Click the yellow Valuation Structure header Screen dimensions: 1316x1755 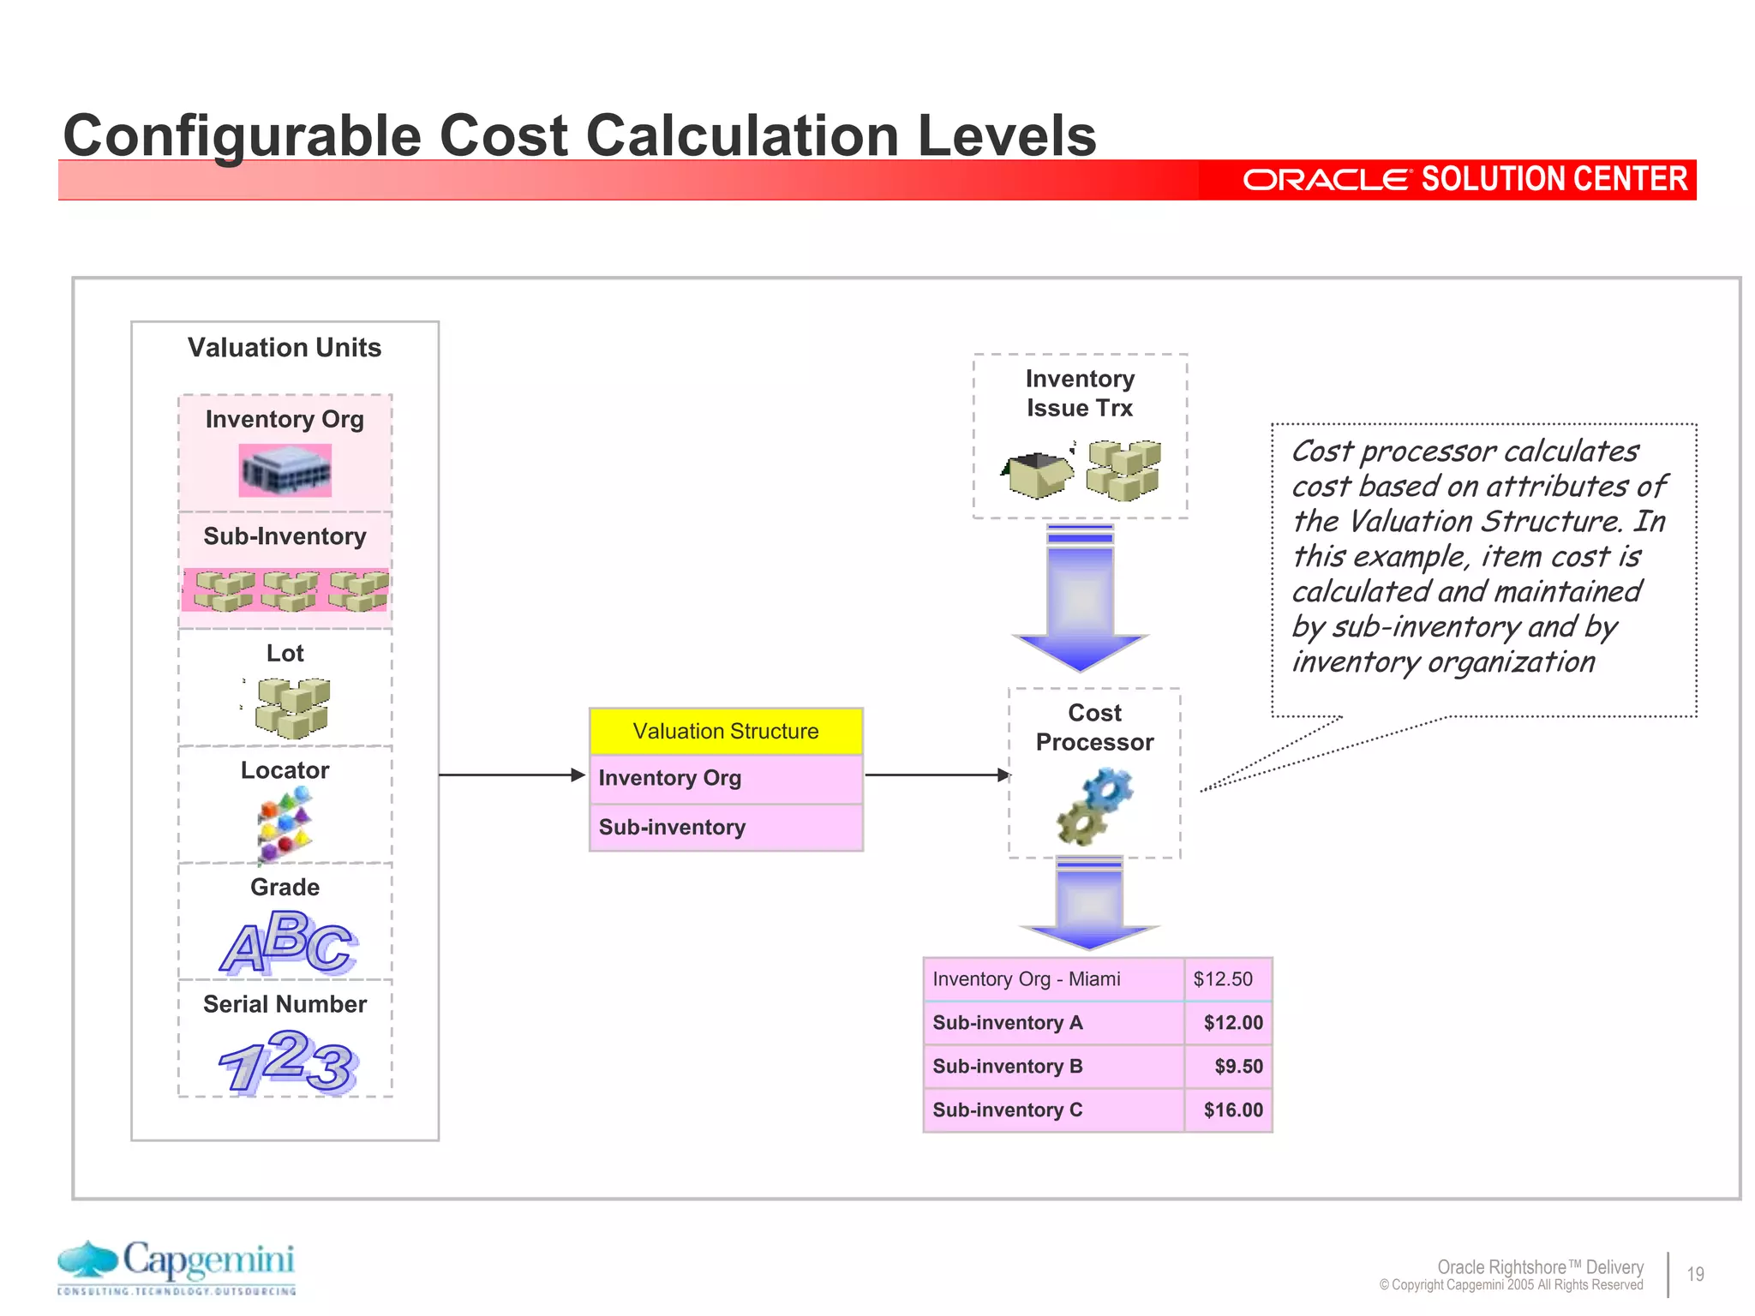725,731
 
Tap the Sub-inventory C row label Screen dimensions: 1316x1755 1008,1110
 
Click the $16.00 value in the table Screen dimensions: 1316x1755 1232,1110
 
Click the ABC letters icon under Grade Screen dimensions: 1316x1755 288,942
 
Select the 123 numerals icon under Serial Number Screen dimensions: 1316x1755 288,1062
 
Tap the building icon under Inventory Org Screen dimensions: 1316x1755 285,470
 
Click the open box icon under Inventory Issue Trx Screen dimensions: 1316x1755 1037,474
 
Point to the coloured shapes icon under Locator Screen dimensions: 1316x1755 285,823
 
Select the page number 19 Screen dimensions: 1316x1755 1695,1274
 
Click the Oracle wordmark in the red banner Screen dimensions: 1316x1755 1325,180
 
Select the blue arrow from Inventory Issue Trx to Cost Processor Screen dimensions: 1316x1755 1080,600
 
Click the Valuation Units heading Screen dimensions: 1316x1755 285,347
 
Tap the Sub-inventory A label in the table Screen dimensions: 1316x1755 1008,1023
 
